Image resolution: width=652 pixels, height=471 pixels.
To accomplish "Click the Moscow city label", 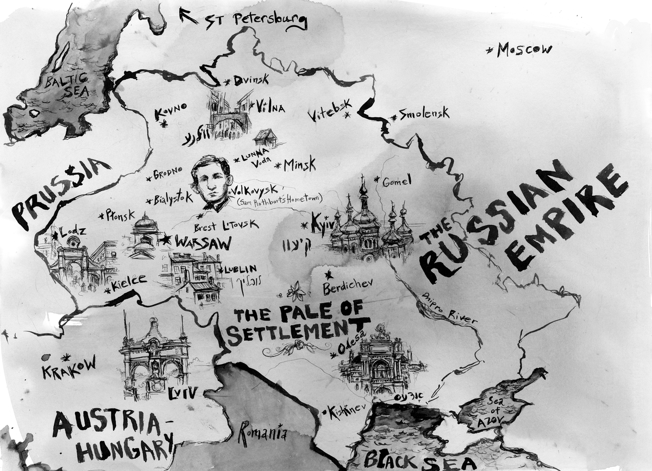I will tap(524, 49).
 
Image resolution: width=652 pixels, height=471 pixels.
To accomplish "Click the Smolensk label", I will tap(424, 114).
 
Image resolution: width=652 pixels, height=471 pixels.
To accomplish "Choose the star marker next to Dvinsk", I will tap(227, 81).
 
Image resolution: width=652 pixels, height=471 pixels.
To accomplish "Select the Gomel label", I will tap(397, 181).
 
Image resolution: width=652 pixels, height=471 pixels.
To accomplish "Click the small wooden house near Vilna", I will tap(265, 137).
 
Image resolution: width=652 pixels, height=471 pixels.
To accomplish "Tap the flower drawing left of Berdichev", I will tap(296, 292).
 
